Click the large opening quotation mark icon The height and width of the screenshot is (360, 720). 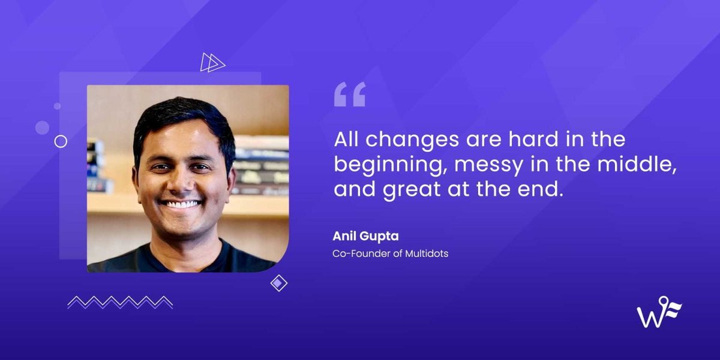tap(350, 95)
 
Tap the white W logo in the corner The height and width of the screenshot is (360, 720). tap(659, 312)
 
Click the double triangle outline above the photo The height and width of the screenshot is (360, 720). tap(212, 62)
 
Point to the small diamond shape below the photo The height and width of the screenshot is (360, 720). tap(279, 283)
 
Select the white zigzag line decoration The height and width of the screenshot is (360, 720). tap(120, 302)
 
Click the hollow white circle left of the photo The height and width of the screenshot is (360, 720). tap(61, 141)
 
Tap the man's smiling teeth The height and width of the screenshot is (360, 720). tap(182, 205)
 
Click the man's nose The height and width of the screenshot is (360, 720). tap(182, 180)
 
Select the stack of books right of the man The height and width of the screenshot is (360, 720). tap(260, 165)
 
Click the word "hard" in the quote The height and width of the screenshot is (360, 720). tap(530, 140)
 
